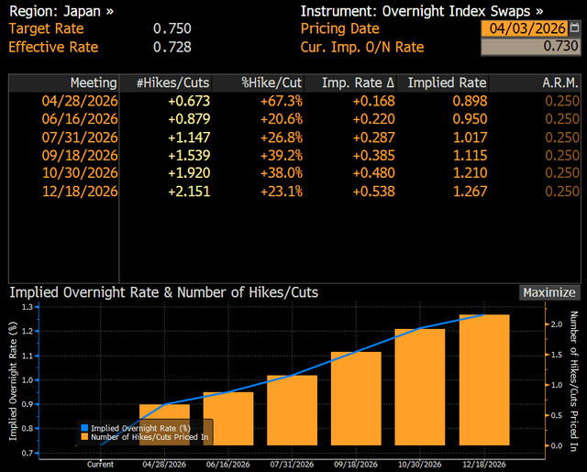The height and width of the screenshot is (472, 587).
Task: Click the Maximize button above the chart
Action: [x=549, y=292]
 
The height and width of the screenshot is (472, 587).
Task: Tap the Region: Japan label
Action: [x=61, y=11]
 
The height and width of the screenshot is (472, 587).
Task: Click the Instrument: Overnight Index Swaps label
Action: [x=421, y=11]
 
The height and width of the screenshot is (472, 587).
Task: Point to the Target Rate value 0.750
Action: [x=172, y=28]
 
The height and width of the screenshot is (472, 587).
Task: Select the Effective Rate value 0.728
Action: [x=172, y=47]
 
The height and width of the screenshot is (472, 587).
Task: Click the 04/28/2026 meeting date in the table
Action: [x=80, y=100]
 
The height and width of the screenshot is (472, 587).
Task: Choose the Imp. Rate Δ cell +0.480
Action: [x=373, y=172]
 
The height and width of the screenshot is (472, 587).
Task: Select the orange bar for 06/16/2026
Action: [x=228, y=421]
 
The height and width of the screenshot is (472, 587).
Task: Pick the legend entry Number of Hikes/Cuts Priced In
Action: [x=147, y=437]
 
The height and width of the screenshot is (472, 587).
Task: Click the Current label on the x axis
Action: [x=101, y=465]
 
